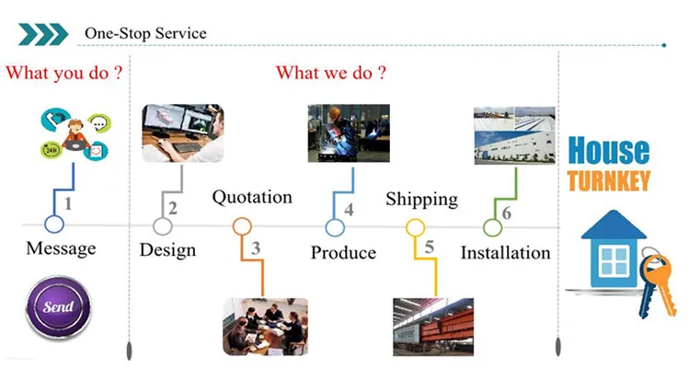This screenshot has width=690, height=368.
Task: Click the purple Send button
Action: [x=59, y=306]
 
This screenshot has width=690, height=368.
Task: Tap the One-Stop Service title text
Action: [x=145, y=33]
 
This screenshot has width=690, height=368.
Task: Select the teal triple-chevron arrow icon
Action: [x=42, y=34]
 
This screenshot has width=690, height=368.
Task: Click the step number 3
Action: [x=256, y=248]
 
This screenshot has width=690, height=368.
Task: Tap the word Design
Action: [x=167, y=250]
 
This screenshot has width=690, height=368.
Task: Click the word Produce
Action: [x=343, y=253]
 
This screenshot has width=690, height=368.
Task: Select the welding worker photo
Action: [x=349, y=132]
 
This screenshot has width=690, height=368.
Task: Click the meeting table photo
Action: [x=265, y=327]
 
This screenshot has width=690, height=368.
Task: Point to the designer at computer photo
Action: [x=183, y=132]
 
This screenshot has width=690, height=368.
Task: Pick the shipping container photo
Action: [x=433, y=327]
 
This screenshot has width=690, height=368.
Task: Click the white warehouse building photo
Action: [x=514, y=135]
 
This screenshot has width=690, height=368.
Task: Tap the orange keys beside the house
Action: [x=657, y=285]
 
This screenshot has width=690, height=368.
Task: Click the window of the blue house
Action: [x=615, y=261]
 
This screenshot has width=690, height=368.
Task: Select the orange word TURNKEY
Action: [x=609, y=180]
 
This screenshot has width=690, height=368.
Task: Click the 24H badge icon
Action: [x=52, y=150]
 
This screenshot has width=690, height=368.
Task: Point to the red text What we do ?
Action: [x=331, y=73]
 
